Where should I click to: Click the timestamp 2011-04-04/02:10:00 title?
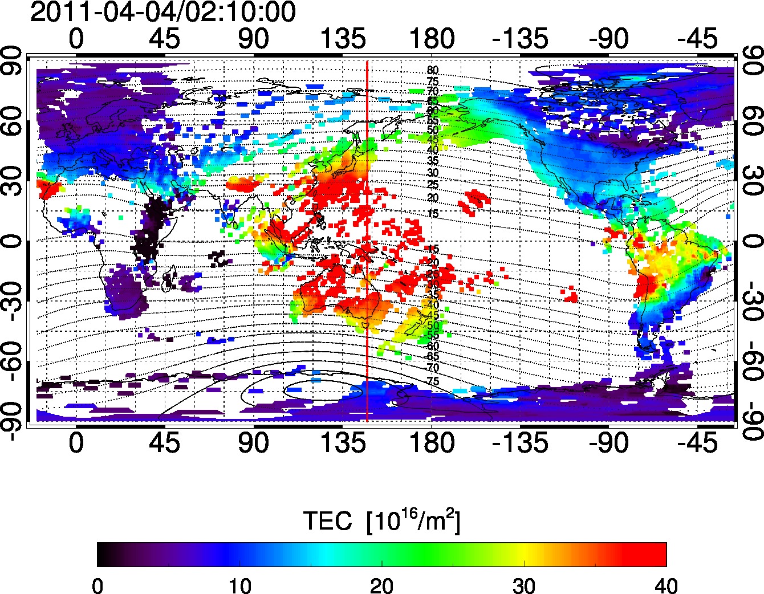[x=162, y=13]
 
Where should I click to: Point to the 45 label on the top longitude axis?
[x=165, y=39]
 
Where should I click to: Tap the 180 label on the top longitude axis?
[x=432, y=39]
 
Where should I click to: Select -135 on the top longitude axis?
[x=520, y=39]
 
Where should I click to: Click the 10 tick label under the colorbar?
[x=239, y=585]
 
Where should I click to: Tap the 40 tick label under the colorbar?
[x=666, y=585]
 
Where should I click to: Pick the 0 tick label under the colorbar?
[x=97, y=585]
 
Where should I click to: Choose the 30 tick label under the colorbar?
[x=524, y=585]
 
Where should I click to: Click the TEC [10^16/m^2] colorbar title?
[x=381, y=520]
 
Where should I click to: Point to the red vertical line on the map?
[x=367, y=239]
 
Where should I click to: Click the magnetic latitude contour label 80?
[x=433, y=71]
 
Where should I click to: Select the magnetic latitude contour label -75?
[x=433, y=381]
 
